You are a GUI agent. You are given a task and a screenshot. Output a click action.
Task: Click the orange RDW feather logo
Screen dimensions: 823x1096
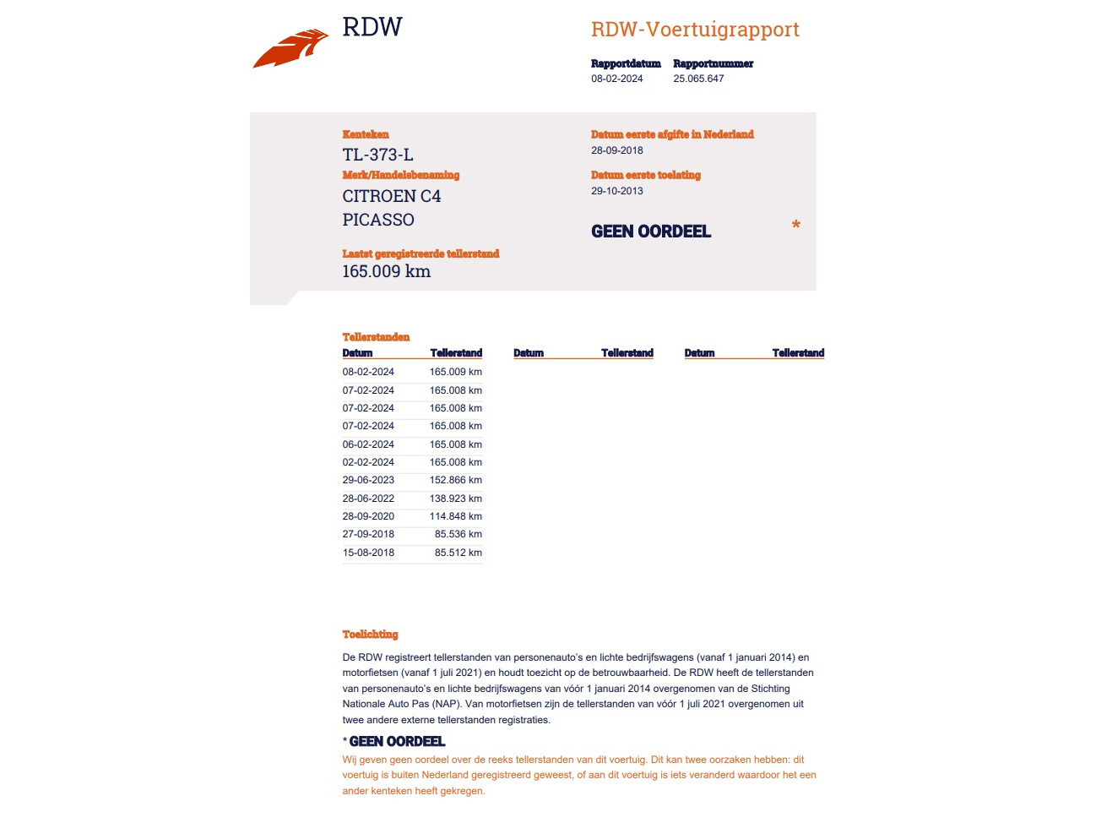coord(290,49)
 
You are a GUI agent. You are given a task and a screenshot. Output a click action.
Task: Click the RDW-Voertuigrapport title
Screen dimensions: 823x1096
coord(694,30)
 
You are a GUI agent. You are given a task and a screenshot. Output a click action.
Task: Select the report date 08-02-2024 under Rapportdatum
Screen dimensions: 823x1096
coord(616,79)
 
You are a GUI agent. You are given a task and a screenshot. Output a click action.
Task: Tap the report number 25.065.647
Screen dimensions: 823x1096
coord(698,79)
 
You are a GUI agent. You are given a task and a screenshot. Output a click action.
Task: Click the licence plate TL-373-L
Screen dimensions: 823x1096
coord(377,155)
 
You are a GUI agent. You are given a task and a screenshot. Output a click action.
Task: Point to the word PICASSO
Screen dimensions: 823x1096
coord(378,220)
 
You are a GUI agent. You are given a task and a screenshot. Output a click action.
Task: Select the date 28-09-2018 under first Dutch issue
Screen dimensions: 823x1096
coord(616,150)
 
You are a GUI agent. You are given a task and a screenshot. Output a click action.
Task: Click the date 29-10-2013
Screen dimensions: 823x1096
coord(616,191)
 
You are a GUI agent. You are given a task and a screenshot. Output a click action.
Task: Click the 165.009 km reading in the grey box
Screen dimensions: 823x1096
coord(386,271)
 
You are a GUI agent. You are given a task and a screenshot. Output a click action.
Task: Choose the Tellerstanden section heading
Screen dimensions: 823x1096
coord(376,337)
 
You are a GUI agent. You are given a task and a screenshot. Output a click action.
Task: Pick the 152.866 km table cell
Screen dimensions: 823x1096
coord(455,480)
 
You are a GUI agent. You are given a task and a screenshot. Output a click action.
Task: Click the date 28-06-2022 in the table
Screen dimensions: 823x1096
coord(368,499)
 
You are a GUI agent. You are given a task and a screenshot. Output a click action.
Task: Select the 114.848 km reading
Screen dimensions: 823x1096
coord(455,516)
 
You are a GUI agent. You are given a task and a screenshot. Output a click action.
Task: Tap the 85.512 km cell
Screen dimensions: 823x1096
coord(458,553)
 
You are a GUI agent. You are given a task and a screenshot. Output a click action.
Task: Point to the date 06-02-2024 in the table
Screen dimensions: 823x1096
coord(368,444)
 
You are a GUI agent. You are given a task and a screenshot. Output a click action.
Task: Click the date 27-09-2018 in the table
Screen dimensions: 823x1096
coord(368,534)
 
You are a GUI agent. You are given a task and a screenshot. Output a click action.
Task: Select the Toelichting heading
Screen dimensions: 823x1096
coord(370,635)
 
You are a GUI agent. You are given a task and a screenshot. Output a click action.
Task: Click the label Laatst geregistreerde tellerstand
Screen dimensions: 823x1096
coord(420,253)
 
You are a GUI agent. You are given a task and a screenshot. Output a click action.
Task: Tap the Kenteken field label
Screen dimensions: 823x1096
coord(366,134)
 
